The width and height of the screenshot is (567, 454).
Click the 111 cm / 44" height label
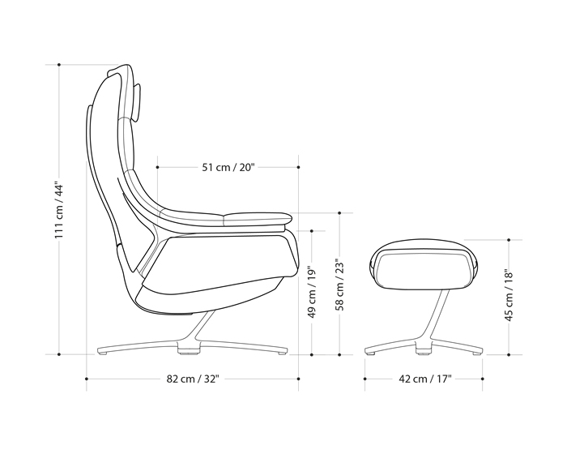click(58, 209)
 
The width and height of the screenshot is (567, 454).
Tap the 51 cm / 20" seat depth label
click(228, 168)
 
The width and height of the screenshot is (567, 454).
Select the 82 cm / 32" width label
click(193, 379)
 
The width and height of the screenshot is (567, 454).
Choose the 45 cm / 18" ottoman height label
click(509, 296)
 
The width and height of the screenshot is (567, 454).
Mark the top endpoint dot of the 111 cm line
click(58, 63)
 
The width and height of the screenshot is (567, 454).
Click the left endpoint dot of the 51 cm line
click(156, 168)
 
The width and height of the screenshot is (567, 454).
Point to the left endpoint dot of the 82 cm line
click(87, 379)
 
